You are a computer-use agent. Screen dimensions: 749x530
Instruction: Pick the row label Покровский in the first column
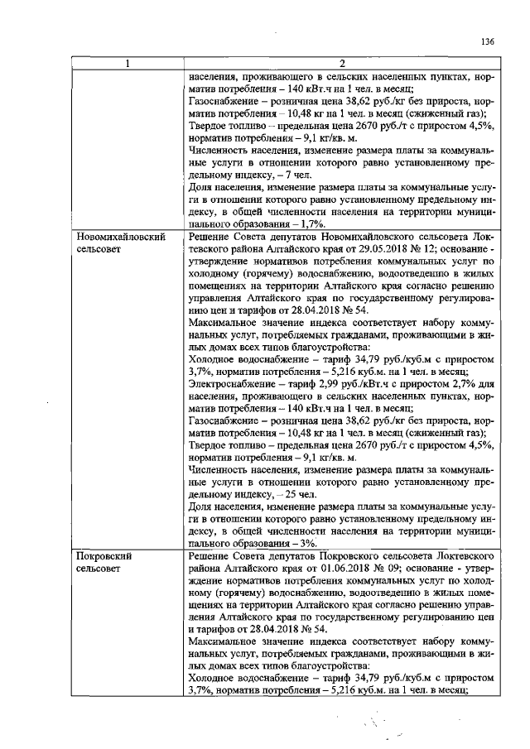point(104,557)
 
